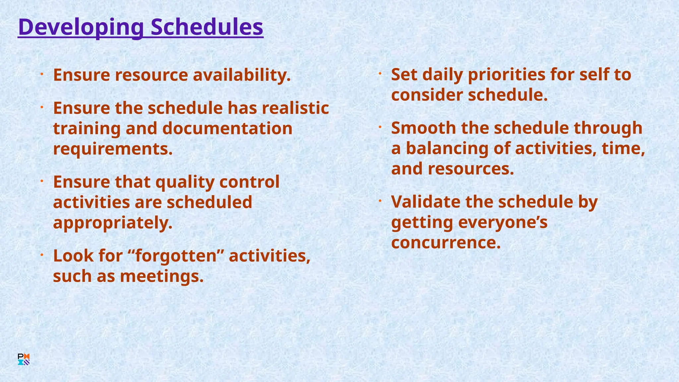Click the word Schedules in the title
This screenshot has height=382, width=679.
207,27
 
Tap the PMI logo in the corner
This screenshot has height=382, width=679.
24,359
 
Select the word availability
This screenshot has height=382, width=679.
242,75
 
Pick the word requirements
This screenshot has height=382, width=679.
113,149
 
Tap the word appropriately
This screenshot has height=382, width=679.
113,223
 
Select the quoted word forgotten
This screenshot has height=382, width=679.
175,256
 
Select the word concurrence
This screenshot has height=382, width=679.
446,242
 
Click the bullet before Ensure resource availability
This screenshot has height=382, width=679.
42,74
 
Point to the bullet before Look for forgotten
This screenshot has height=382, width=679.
42,255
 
